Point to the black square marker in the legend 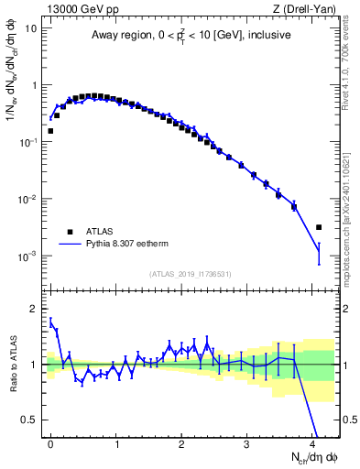pyautogui.click(x=71, y=232)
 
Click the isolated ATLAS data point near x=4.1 pyautogui.click(x=319, y=227)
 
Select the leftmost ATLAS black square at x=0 pyautogui.click(x=50, y=131)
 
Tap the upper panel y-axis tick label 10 pyautogui.click(x=31, y=27)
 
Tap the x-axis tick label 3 pyautogui.click(x=248, y=443)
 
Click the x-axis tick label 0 pyautogui.click(x=50, y=443)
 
